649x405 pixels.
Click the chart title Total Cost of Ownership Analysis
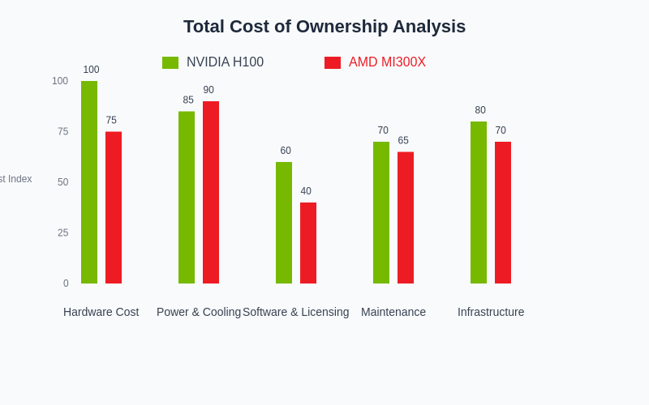324,27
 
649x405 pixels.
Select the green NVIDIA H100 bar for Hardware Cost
89,182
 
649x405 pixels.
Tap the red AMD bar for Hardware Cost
114,207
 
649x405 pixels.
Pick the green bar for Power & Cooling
187,198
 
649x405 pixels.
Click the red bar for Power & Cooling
211,193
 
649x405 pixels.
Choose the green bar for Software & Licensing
284,223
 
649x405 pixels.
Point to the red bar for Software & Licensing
308,243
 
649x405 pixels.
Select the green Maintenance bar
381,212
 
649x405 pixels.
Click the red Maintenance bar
406,218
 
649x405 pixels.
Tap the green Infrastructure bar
479,202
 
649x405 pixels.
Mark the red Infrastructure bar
503,212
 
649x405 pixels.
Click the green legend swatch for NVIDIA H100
170,62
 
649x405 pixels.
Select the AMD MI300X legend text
387,62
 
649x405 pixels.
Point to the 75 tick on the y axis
62,131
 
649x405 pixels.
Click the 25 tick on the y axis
62,232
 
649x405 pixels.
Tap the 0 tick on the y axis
66,283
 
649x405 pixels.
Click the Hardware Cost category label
101,312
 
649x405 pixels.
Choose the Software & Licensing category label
296,312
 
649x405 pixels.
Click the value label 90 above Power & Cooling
208,90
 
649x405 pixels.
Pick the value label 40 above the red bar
306,191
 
